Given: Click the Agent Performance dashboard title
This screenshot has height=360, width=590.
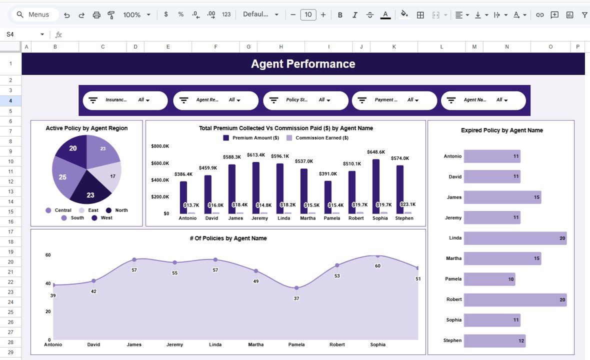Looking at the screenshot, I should tap(303, 64).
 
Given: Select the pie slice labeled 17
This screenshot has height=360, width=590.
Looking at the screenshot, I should tap(110, 178).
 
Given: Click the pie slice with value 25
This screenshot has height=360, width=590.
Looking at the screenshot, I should tap(64, 176).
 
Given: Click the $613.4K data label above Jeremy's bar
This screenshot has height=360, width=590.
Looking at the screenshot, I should tap(256, 155).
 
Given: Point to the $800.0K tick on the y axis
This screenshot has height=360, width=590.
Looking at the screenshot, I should tap(160, 146).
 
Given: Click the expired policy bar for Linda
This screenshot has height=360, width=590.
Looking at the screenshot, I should tap(515, 238).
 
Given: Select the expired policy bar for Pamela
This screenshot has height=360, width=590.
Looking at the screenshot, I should tap(489, 279).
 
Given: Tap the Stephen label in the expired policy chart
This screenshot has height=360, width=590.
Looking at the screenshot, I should tap(452, 340).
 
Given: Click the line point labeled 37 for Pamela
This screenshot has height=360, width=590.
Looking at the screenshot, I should tap(296, 287).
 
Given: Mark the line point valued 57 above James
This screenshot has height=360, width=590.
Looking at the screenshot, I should tap(134, 259).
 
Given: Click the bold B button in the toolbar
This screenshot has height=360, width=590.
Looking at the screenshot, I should tap(340, 15).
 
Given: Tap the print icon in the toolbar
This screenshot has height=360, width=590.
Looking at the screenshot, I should tap(96, 15).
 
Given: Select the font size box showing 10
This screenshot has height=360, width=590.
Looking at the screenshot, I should tap(308, 15).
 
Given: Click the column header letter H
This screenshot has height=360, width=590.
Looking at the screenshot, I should tap(281, 47).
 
